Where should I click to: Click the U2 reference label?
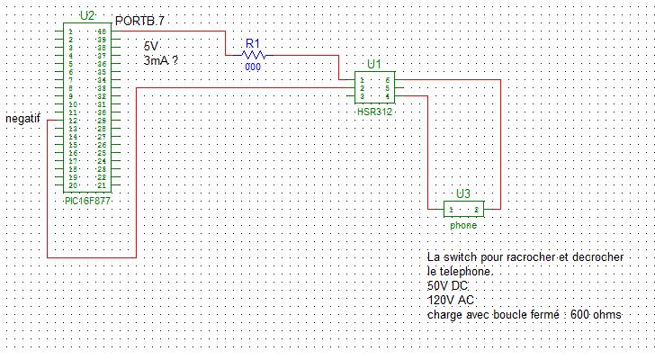pyautogui.click(x=86, y=15)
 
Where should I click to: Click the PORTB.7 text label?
pyautogui.click(x=140, y=20)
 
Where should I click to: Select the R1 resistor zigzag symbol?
pyautogui.click(x=253, y=54)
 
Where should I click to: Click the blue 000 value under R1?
pyautogui.click(x=253, y=67)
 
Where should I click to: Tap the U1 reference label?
pyautogui.click(x=374, y=64)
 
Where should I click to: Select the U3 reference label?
pyautogui.click(x=463, y=193)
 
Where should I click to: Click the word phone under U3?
pyautogui.click(x=463, y=225)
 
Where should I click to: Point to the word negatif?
pyautogui.click(x=22, y=119)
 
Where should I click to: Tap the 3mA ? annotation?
pyautogui.click(x=161, y=59)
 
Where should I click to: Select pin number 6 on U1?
pyautogui.click(x=387, y=79)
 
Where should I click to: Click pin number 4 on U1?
pyautogui.click(x=387, y=95)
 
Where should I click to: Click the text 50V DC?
pyautogui.click(x=449, y=285)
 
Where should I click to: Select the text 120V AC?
pyautogui.click(x=451, y=300)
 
